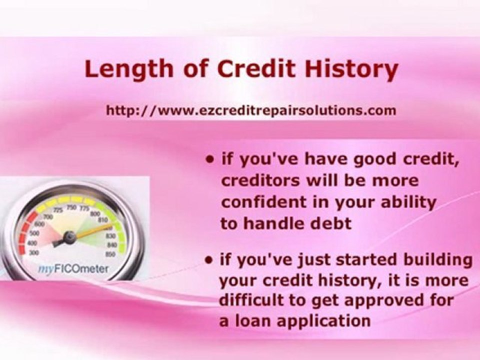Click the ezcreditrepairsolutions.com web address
click(251, 110)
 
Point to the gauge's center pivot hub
click(69, 238)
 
